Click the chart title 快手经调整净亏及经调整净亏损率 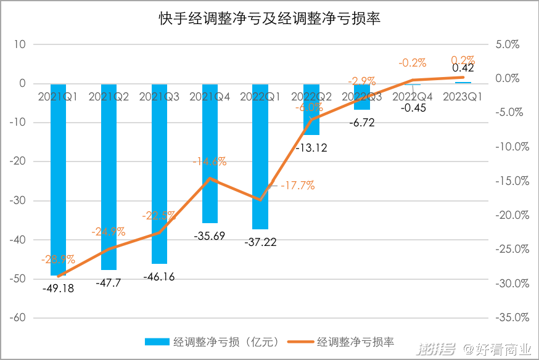point(269,19)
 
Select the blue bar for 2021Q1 point(58,185)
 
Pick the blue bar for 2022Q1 point(260,160)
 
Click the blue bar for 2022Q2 point(311,111)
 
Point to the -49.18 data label point(58,288)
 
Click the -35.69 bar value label point(210,235)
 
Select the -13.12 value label point(311,147)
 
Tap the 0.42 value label point(463,68)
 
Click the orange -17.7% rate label point(297,185)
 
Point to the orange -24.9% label point(109,232)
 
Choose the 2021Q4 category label point(210,97)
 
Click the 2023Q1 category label point(463,97)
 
